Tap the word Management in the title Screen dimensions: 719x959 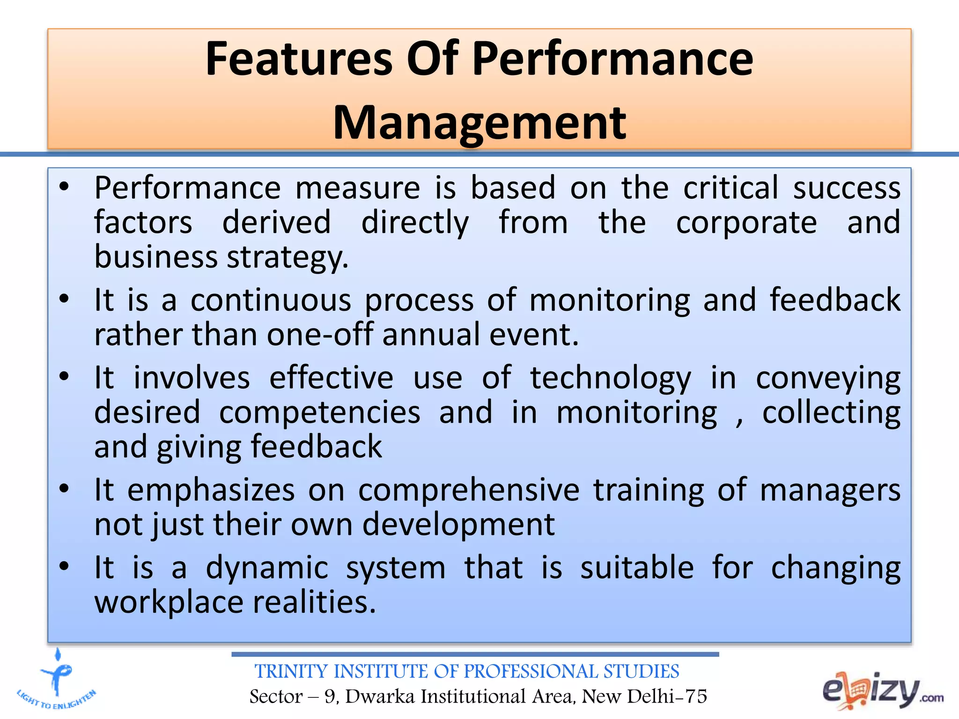[479, 123]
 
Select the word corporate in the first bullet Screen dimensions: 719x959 [746, 222]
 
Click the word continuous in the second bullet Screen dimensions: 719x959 [271, 300]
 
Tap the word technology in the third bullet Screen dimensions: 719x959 [610, 378]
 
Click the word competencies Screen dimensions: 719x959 [319, 412]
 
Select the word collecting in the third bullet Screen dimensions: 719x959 [831, 412]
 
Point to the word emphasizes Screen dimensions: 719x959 [211, 490]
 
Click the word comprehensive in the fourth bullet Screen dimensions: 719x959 [469, 490]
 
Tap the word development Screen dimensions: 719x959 [458, 524]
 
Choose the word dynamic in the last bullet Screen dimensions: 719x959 [267, 568]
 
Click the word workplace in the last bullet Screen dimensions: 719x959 [169, 602]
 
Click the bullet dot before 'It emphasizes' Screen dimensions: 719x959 [64, 489]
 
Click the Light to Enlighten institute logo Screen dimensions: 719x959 [57, 681]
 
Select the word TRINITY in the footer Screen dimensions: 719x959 [290, 672]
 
